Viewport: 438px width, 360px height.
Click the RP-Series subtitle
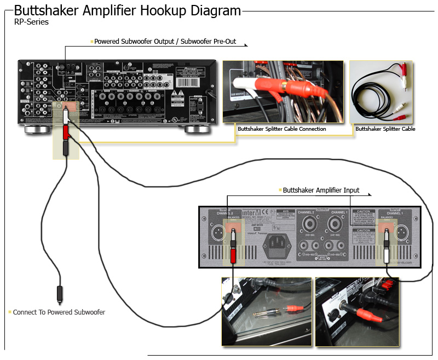click(31, 22)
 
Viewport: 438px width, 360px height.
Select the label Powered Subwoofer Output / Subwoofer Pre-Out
click(165, 42)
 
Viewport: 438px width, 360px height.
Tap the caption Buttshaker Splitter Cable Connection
click(281, 129)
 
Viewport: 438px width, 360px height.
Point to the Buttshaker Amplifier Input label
click(321, 190)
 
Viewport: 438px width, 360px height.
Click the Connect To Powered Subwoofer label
click(59, 312)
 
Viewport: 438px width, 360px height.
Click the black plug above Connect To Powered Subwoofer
click(59, 294)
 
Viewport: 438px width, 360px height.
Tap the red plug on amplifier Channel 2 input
click(233, 255)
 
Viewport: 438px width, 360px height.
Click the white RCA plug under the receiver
click(66, 117)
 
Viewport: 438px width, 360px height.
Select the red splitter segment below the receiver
click(66, 132)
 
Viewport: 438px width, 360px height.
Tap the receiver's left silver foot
click(37, 130)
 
